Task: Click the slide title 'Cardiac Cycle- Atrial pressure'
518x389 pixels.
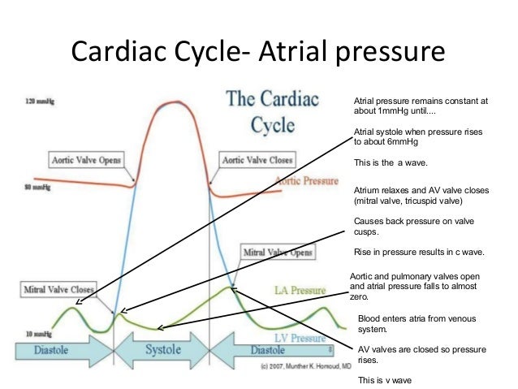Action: [258, 50]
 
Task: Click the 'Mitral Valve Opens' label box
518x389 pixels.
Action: [278, 253]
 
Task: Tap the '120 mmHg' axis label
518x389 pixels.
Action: [35, 102]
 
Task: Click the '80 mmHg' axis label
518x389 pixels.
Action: [33, 187]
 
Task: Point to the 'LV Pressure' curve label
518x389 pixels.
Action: [295, 336]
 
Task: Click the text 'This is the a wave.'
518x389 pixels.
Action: [391, 162]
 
